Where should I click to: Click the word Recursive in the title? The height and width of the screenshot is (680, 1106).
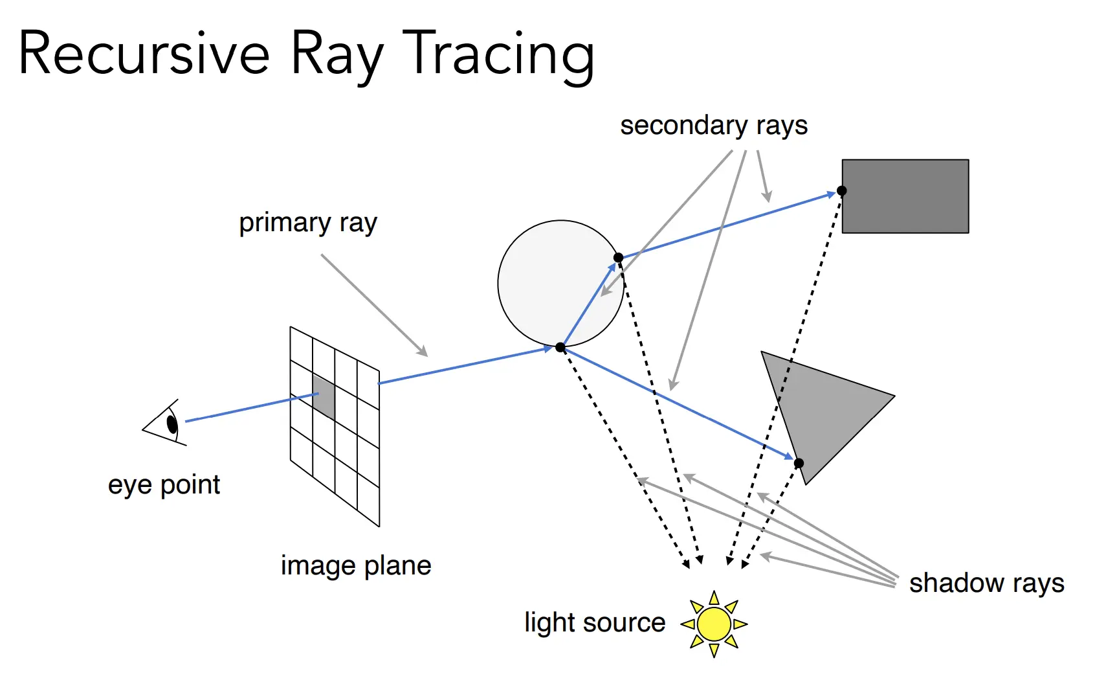pyautogui.click(x=144, y=54)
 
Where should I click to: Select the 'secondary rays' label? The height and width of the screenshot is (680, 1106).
pyautogui.click(x=714, y=126)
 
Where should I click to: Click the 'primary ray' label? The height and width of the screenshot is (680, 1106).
pyautogui.click(x=308, y=223)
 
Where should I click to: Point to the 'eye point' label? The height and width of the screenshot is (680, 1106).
pyautogui.click(x=164, y=485)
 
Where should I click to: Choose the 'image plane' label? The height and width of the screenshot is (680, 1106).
pyautogui.click(x=356, y=566)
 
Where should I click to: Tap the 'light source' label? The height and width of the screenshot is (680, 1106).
pyautogui.click(x=595, y=623)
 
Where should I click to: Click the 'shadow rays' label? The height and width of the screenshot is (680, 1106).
pyautogui.click(x=986, y=584)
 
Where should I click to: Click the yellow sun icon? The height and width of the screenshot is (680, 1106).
pyautogui.click(x=714, y=624)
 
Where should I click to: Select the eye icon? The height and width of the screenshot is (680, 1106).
pyautogui.click(x=167, y=423)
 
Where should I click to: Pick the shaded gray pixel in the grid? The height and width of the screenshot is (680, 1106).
pyautogui.click(x=324, y=396)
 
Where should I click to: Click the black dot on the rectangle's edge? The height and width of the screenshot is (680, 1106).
pyautogui.click(x=841, y=190)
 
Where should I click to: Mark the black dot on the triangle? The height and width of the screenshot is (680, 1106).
pyautogui.click(x=799, y=463)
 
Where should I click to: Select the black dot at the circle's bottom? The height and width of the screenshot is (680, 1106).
pyautogui.click(x=560, y=348)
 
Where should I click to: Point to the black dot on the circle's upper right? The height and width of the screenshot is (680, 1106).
pyautogui.click(x=619, y=258)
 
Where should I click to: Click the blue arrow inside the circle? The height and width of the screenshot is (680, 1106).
pyautogui.click(x=589, y=304)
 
